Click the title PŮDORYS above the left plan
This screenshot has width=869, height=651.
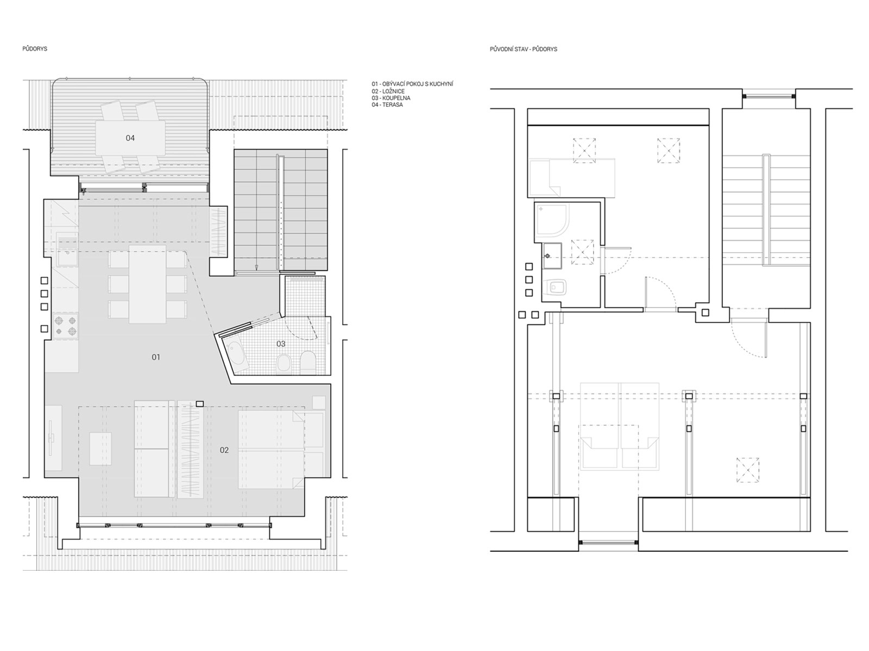35,49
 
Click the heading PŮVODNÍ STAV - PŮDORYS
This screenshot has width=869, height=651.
524,49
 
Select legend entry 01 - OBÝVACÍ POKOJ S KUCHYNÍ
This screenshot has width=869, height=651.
412,84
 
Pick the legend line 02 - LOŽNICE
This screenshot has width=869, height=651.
388,91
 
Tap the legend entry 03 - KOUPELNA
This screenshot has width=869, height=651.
391,98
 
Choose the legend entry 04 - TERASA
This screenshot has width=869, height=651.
387,105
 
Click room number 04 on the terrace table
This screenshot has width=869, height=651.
130,138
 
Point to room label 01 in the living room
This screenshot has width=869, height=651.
156,358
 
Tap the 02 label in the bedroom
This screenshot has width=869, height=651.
224,450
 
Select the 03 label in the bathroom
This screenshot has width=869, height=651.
281,344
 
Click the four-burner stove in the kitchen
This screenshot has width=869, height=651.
66,325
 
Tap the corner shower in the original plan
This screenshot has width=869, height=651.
551,220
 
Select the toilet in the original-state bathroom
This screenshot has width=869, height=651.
556,288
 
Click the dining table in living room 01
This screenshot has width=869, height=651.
147,285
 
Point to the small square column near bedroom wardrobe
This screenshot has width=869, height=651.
200,404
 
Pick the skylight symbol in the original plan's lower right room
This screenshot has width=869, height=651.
748,470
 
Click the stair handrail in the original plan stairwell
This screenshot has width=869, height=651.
766,210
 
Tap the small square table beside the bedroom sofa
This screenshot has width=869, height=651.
100,449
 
